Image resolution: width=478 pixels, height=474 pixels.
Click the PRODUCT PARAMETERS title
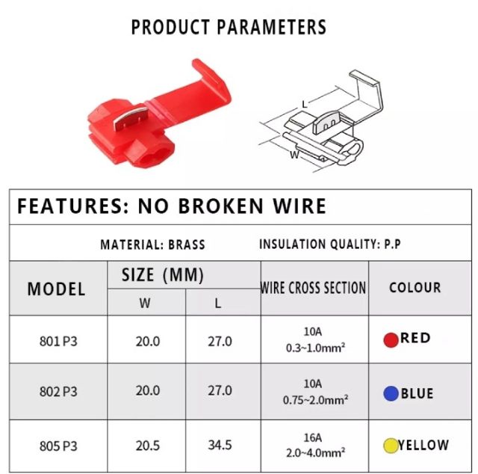click(x=229, y=27)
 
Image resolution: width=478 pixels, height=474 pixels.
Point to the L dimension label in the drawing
click(x=304, y=105)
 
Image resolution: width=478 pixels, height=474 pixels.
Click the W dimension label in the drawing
click(x=294, y=155)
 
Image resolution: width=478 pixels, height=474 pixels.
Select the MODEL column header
click(x=57, y=289)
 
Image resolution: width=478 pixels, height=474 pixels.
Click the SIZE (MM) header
click(x=163, y=274)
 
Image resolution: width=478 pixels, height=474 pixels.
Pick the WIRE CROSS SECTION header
click(x=313, y=288)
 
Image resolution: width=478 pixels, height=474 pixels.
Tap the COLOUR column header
click(x=415, y=288)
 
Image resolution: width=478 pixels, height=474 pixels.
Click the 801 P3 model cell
click(x=58, y=341)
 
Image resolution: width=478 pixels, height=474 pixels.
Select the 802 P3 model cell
click(x=58, y=391)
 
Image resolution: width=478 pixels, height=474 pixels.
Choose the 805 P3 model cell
click(x=58, y=446)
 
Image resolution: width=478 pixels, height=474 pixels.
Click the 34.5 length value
click(x=220, y=445)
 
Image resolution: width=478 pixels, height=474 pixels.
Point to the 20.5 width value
click(x=148, y=446)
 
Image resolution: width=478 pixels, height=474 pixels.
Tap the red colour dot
click(x=391, y=339)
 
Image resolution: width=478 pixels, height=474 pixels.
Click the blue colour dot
click(x=391, y=393)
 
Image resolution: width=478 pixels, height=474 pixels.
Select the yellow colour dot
click(x=391, y=446)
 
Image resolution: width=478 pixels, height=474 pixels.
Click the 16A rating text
click(x=313, y=437)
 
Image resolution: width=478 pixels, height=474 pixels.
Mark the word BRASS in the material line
click(x=187, y=244)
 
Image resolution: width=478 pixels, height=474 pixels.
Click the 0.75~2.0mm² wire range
click(x=315, y=400)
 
